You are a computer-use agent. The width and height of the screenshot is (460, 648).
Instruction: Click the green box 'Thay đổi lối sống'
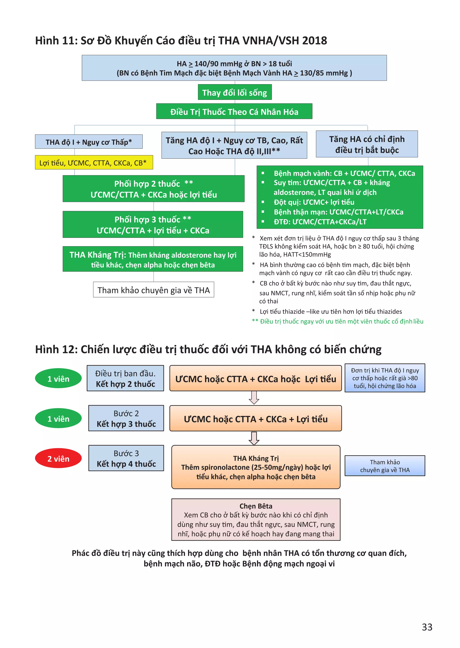click(x=234, y=92)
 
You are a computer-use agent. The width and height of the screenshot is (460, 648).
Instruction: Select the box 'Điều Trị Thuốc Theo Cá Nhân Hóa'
click(x=234, y=112)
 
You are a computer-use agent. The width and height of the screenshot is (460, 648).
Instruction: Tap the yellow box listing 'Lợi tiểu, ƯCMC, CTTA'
click(x=94, y=163)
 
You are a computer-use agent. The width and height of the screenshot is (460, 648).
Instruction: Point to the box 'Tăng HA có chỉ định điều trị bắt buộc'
click(x=367, y=144)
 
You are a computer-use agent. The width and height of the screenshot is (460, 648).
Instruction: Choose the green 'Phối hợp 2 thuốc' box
click(x=154, y=189)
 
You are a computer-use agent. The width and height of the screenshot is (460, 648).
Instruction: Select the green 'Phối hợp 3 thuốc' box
click(x=153, y=224)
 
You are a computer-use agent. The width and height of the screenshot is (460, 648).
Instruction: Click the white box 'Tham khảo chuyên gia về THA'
click(x=154, y=290)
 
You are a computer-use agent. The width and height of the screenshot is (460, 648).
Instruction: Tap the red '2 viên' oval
click(x=58, y=458)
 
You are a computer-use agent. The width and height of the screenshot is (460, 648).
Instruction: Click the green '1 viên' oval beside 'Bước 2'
click(x=58, y=419)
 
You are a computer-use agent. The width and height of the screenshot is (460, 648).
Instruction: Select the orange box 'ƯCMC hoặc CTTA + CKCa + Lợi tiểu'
click(x=255, y=419)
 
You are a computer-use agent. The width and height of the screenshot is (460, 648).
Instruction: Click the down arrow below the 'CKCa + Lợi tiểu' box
click(x=254, y=438)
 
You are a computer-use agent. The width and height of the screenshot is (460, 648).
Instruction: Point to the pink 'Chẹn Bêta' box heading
click(x=256, y=506)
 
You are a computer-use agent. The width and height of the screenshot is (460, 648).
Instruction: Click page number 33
click(x=427, y=627)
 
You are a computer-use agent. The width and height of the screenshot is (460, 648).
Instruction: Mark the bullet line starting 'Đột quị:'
click(x=314, y=202)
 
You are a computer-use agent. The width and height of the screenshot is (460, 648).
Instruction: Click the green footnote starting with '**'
click(x=338, y=321)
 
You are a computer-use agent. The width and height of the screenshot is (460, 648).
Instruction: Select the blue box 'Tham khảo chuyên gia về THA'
click(x=385, y=466)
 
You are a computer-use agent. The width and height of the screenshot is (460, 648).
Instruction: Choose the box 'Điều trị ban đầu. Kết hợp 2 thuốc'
click(x=125, y=379)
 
